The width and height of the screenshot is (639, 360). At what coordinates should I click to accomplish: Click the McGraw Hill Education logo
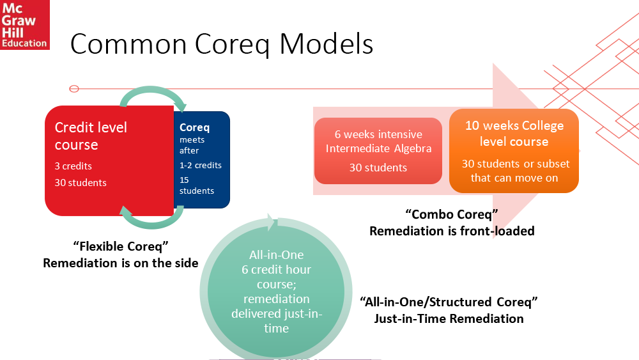(24, 24)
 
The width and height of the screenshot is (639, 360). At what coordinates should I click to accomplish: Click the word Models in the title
(326, 43)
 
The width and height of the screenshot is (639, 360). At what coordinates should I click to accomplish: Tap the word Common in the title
(128, 43)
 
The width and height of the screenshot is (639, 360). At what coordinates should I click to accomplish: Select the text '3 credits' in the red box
(73, 166)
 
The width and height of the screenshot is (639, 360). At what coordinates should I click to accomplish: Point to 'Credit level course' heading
(91, 136)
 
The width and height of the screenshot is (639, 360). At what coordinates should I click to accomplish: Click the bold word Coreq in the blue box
(194, 127)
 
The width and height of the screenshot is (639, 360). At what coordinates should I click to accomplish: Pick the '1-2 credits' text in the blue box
(201, 165)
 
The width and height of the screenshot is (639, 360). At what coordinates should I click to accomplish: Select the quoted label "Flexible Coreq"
(121, 246)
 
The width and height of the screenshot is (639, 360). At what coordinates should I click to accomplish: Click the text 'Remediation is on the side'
(121, 263)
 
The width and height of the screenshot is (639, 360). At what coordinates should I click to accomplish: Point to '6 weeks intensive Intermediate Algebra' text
(378, 141)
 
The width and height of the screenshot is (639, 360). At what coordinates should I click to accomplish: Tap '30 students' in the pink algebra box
(378, 168)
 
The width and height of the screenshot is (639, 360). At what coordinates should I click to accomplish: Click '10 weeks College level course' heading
(514, 133)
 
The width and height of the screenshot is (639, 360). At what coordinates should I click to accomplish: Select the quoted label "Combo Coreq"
(452, 214)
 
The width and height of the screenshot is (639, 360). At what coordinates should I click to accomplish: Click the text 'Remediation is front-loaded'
(452, 231)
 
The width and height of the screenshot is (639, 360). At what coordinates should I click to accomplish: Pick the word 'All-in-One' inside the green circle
(276, 254)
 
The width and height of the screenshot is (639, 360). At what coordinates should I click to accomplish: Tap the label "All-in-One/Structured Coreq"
(449, 302)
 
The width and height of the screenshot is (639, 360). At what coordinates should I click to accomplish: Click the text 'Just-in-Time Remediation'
(449, 318)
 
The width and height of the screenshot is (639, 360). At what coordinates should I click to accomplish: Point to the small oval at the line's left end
(74, 89)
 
